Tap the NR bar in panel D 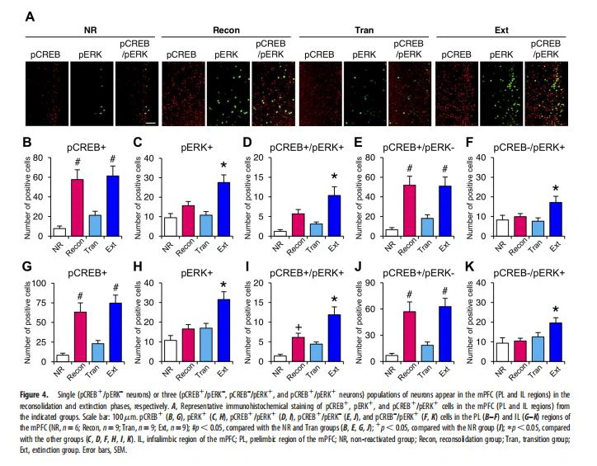point(280,234)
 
